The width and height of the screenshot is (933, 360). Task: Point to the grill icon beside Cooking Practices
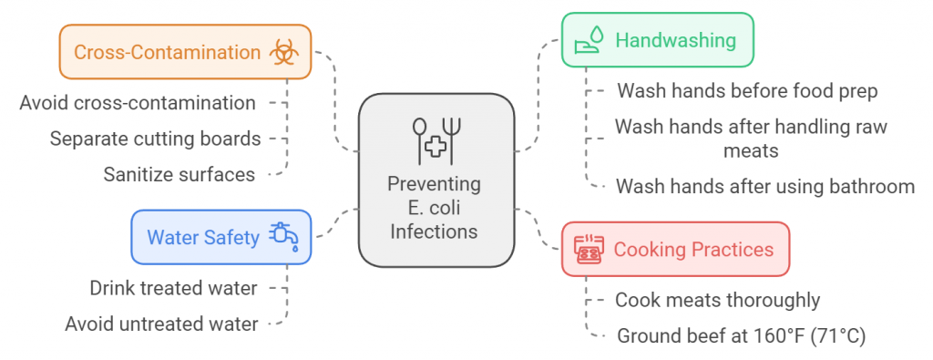tap(588, 249)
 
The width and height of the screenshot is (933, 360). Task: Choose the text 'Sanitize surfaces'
tap(179, 173)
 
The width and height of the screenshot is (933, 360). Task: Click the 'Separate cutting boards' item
tap(156, 139)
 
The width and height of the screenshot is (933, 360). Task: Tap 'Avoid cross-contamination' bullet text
tap(138, 102)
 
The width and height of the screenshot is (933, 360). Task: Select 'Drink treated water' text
tap(173, 288)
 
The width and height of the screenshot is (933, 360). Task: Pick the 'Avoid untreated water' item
tap(161, 323)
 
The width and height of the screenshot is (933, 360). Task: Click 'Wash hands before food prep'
tap(747, 91)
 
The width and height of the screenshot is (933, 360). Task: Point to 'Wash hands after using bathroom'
tap(765, 187)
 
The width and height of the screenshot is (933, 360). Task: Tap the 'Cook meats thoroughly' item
tap(718, 300)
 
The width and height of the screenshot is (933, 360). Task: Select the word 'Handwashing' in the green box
tap(675, 39)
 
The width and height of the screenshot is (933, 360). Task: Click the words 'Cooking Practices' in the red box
tap(693, 249)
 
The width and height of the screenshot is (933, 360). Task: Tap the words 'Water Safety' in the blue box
tap(203, 237)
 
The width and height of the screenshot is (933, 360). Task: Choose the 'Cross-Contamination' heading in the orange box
tap(167, 51)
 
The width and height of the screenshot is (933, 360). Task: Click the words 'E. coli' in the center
tap(436, 208)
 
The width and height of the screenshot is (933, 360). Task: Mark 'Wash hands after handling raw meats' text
tap(751, 138)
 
